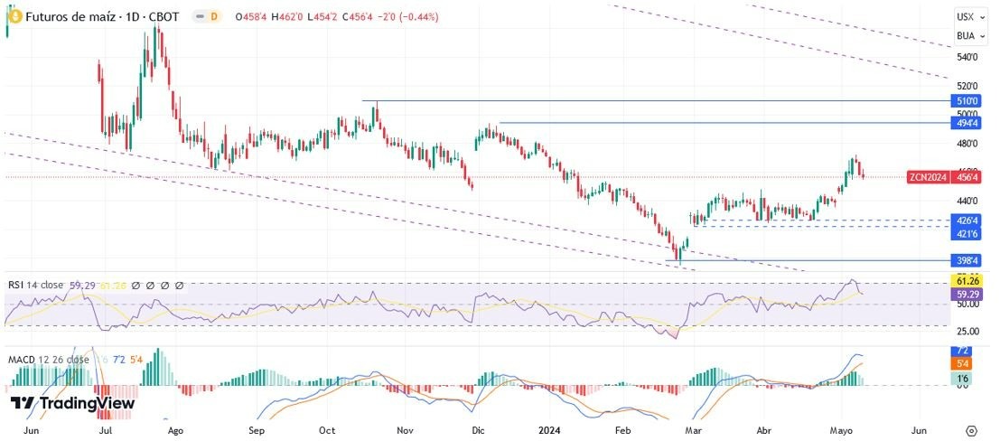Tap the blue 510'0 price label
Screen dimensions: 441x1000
coord(966,101)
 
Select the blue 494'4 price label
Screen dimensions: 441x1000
coord(966,123)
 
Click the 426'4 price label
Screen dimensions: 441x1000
coord(966,220)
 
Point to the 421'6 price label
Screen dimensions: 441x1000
coord(966,234)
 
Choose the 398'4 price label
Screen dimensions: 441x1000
coord(966,261)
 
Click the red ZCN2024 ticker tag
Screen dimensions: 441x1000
coord(928,178)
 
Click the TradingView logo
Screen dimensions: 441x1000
coord(73,403)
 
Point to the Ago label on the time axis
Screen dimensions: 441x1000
coord(176,431)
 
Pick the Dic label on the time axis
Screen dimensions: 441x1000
coord(479,431)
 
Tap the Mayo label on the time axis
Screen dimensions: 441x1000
coord(842,431)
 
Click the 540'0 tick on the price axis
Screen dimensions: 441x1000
coord(967,58)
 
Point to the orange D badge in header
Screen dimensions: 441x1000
coord(213,16)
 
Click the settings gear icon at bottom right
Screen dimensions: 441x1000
coord(971,431)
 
